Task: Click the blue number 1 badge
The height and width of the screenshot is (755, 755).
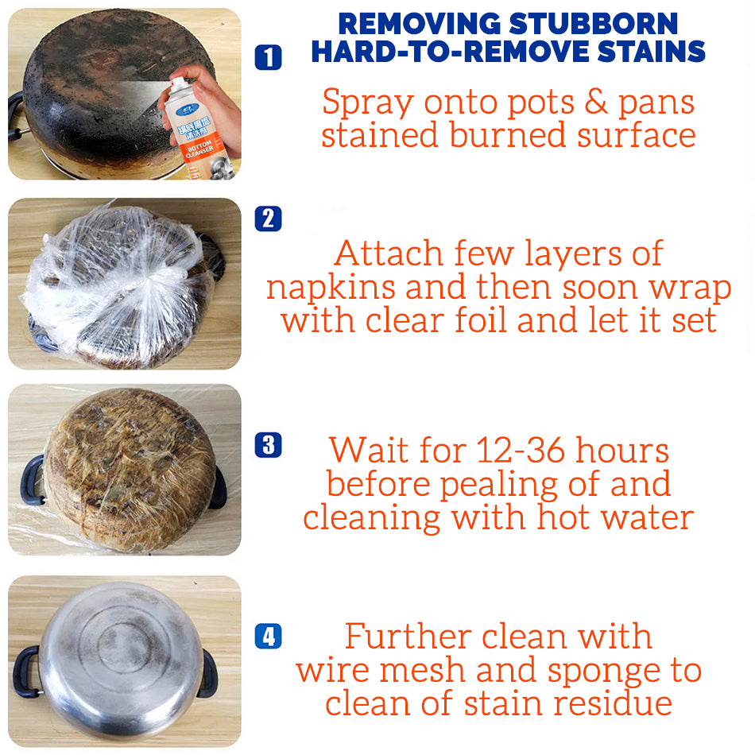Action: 268,58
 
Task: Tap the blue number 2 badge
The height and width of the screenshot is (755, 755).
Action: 268,219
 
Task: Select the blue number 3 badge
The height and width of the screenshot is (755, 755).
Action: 268,445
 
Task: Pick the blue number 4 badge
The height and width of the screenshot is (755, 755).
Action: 268,636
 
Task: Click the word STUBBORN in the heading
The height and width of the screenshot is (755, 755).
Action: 593,24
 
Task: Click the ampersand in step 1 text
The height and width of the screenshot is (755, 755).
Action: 595,102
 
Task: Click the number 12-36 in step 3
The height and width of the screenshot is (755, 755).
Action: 521,450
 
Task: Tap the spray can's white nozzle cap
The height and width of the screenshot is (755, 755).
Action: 180,83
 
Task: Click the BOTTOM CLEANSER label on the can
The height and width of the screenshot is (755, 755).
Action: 199,149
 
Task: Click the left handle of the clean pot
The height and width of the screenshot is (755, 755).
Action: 25,671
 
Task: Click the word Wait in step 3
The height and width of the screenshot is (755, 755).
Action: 369,450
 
